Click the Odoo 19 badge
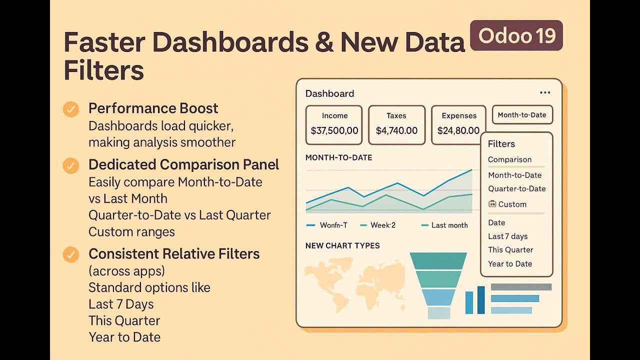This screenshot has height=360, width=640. tap(516, 35)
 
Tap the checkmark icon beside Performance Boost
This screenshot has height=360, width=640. tap(71, 109)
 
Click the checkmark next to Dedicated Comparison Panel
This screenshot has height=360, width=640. tap(71, 165)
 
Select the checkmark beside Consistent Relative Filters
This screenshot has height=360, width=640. tap(71, 254)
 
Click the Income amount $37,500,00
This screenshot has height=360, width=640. tap(334, 130)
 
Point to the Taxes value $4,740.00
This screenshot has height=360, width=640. tap(396, 130)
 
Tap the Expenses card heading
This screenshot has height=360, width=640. tap(459, 115)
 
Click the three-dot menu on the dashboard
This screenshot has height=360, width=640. tap(545, 92)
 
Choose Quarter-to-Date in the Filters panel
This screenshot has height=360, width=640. tap(517, 188)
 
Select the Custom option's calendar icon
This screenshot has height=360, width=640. tap(492, 203)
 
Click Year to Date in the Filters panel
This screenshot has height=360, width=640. tap(510, 263)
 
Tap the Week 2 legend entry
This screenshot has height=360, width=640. tap(378, 225)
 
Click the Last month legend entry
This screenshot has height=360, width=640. tap(444, 225)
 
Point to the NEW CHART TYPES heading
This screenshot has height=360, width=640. tap(342, 245)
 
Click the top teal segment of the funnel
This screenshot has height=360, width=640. tap(438, 261)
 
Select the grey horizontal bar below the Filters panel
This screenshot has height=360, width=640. tap(521, 287)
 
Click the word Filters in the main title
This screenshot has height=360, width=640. tap(103, 70)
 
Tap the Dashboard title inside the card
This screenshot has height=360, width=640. tap(329, 93)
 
